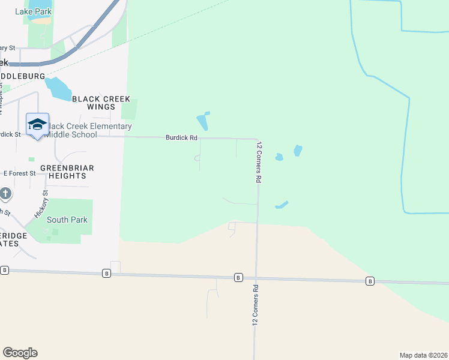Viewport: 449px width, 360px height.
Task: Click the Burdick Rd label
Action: point(181,138)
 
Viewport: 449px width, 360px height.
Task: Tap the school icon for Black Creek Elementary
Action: point(37,124)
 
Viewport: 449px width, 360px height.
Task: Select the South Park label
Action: point(68,220)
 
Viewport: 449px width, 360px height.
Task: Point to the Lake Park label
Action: point(34,11)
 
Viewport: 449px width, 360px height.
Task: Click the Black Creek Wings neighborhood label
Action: point(101,103)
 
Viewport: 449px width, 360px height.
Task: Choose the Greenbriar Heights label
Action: point(67,172)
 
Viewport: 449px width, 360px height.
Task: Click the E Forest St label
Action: point(20,173)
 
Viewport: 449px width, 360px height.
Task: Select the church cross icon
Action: point(5,194)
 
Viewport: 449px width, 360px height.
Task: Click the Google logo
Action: point(20,353)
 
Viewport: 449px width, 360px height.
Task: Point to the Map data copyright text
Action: point(423,355)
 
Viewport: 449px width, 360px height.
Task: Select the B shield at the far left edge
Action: point(5,271)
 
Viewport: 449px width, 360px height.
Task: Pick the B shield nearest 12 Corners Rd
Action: point(238,277)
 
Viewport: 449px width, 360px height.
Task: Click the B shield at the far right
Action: point(370,281)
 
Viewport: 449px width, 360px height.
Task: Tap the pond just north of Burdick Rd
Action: point(203,122)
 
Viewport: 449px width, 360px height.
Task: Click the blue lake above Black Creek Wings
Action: point(59,89)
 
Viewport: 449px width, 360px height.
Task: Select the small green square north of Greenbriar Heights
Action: point(31,159)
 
